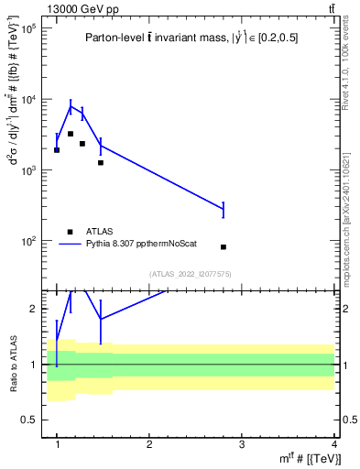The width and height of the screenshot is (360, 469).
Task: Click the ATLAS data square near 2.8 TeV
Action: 224,247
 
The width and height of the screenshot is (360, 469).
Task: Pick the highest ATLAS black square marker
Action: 71,134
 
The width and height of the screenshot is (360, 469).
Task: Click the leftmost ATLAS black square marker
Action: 57,150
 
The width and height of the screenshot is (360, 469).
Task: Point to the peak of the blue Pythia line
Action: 71,106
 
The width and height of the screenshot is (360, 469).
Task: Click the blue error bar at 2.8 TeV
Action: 224,211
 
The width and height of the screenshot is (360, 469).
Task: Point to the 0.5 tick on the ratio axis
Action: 30,419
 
